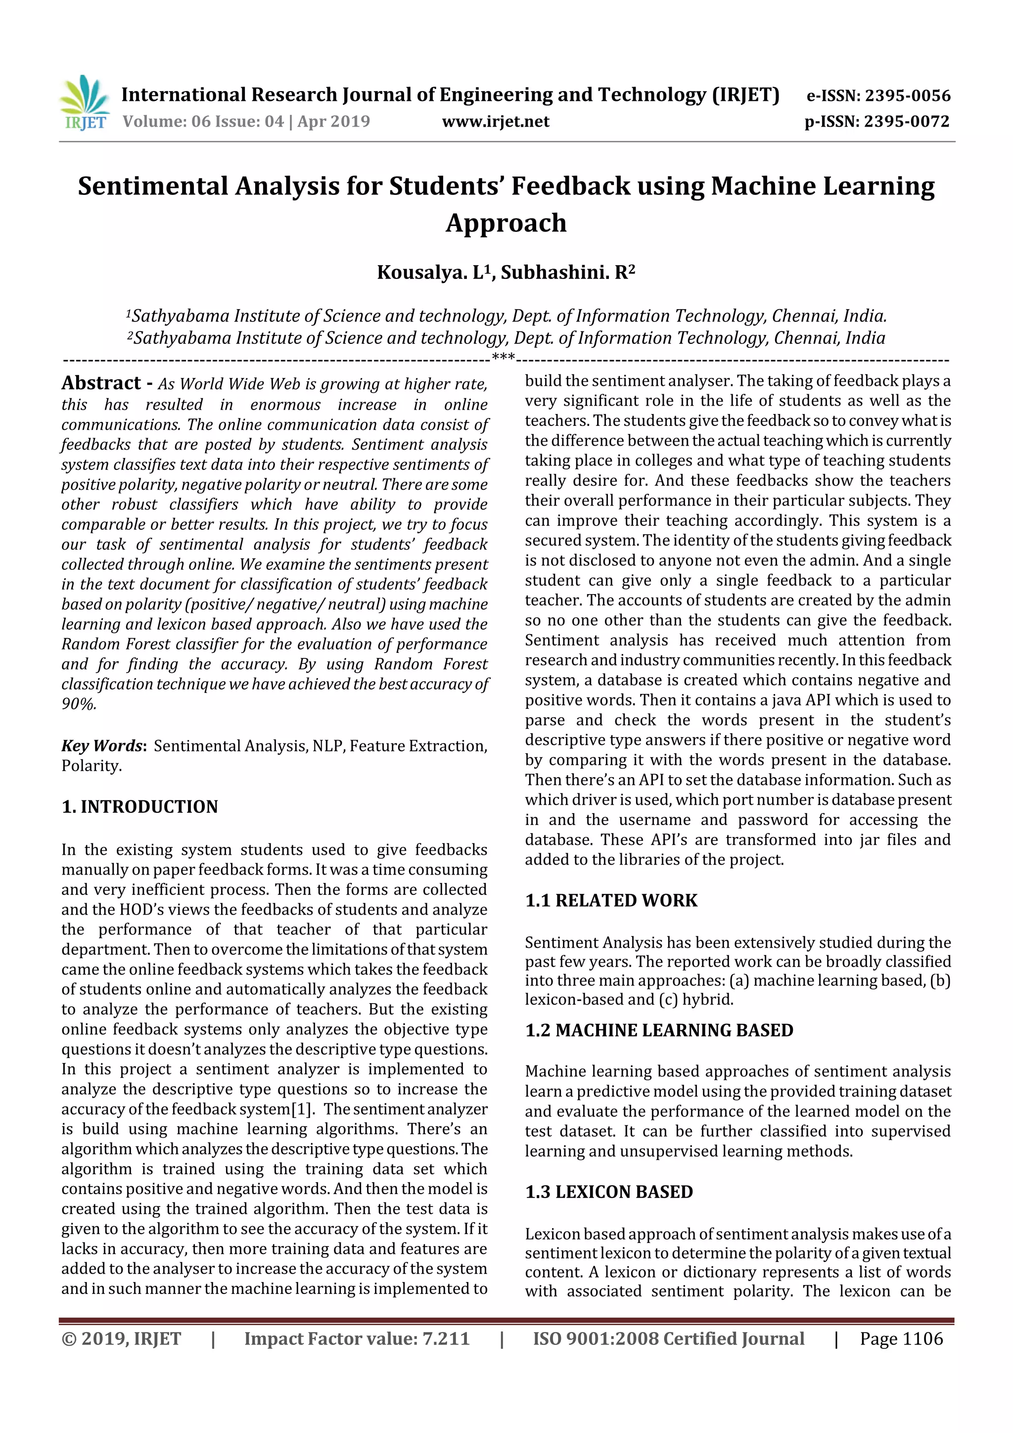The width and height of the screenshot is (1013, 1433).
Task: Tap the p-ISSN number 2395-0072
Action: pos(906,122)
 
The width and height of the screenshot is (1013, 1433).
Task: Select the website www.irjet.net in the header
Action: pos(496,122)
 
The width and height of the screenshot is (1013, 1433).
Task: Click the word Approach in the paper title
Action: pos(506,223)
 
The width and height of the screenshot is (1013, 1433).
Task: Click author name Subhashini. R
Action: pos(567,273)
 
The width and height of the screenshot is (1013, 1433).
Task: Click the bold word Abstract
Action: pos(101,382)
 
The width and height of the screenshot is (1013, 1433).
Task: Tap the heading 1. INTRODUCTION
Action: pos(140,806)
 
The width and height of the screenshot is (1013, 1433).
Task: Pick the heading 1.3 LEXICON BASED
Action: pos(608,1192)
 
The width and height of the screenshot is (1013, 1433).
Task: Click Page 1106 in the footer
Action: pos(901,1339)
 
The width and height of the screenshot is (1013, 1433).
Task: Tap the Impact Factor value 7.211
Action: pos(446,1339)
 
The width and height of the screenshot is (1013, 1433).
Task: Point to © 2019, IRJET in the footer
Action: pos(121,1339)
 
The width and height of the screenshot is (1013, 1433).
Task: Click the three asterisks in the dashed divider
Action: pos(503,358)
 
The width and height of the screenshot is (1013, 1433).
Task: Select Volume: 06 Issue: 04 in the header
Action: pos(203,122)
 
